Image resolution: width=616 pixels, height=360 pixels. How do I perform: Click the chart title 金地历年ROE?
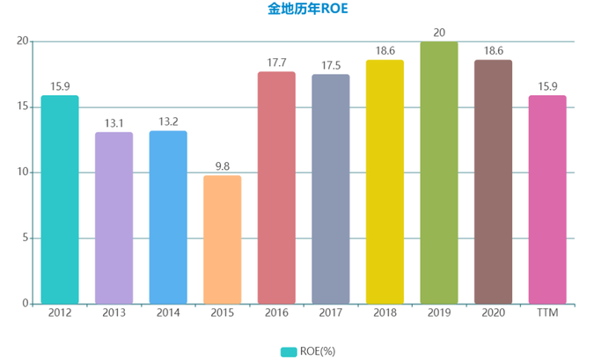tap(307, 11)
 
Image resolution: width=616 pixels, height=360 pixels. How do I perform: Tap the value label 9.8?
tap(222, 166)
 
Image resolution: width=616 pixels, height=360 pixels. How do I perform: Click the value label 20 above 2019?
tap(439, 33)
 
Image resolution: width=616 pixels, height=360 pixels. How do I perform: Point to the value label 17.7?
tap(276, 62)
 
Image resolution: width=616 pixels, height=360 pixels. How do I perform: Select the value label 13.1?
tap(114, 123)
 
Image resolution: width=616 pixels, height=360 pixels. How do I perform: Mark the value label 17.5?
tap(330, 65)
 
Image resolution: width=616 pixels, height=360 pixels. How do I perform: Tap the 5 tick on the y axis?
tap(26, 239)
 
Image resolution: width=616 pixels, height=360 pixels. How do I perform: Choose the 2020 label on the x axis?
tap(493, 312)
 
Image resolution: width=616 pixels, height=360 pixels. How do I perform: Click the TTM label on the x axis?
tap(547, 312)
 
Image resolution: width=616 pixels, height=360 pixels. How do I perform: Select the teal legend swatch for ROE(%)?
tap(288, 351)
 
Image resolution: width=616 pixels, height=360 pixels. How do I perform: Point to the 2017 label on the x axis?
tap(330, 312)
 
